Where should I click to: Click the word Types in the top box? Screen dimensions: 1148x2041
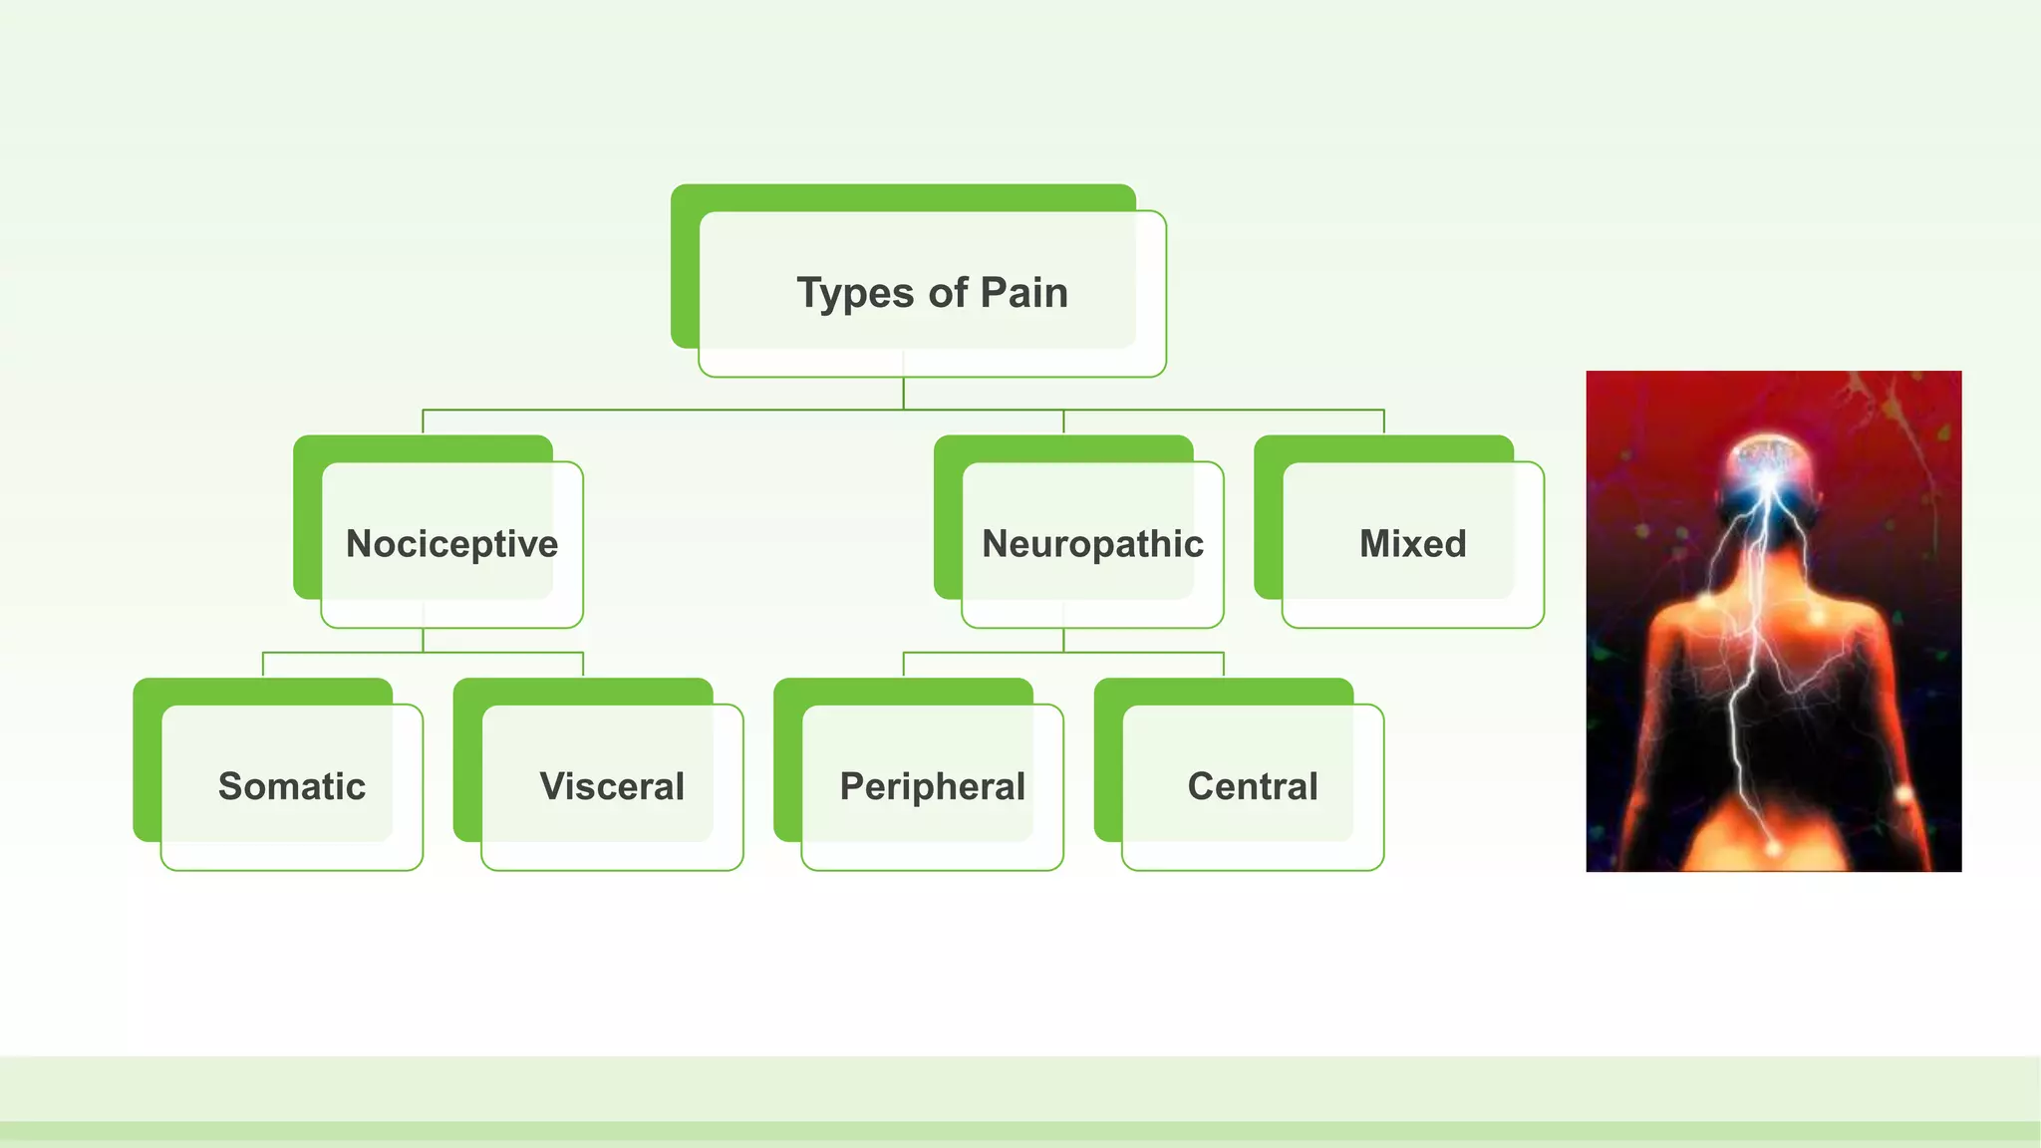[x=855, y=294]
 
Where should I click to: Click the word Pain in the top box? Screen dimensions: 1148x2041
[x=1023, y=293]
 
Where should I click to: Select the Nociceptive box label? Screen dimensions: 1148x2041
[x=451, y=544]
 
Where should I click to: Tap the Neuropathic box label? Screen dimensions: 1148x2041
[x=1092, y=544]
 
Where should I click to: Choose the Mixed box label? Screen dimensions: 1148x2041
[x=1412, y=544]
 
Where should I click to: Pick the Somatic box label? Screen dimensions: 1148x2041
[x=291, y=786]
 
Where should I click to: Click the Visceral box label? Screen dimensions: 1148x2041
[x=612, y=786]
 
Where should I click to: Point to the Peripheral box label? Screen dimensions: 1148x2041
[x=932, y=786]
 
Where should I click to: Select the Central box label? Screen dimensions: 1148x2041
[x=1252, y=786]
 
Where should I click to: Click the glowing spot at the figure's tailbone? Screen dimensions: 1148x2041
[x=1773, y=848]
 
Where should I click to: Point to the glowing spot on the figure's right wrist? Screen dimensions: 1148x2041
[x=1903, y=794]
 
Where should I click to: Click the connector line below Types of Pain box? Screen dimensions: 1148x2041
[x=904, y=395]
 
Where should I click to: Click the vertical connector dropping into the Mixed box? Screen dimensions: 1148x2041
[x=1384, y=422]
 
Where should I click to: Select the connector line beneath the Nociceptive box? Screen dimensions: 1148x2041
[x=423, y=641]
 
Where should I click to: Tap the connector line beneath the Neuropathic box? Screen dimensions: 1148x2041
[x=1063, y=641]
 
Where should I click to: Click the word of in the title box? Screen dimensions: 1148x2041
[x=948, y=294]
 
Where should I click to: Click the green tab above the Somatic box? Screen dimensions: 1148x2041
[x=263, y=691]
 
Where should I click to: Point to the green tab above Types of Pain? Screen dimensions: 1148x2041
[x=903, y=197]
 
